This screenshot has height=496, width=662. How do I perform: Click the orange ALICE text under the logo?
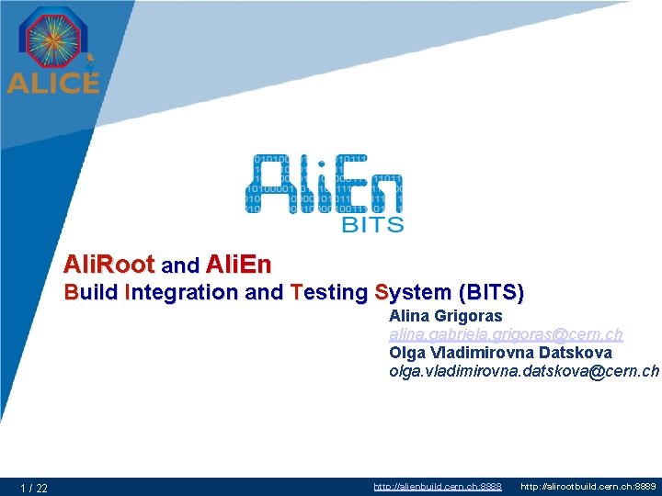(x=52, y=82)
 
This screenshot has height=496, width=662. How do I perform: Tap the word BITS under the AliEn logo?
(x=371, y=222)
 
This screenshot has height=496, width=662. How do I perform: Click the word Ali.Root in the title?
(x=109, y=265)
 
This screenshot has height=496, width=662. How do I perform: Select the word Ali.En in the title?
(x=239, y=265)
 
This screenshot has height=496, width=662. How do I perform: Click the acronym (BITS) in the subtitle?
(x=491, y=293)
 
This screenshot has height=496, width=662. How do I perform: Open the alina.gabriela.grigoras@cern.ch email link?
(x=506, y=334)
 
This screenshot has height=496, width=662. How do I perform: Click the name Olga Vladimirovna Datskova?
(x=500, y=353)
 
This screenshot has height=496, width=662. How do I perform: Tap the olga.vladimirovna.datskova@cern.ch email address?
(x=524, y=371)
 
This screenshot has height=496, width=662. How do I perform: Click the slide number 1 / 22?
(x=35, y=488)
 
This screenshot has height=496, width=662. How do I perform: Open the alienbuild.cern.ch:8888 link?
(x=437, y=486)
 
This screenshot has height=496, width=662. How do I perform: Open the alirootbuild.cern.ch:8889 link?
(x=588, y=486)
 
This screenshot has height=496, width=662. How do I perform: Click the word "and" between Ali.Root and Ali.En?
(x=180, y=266)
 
